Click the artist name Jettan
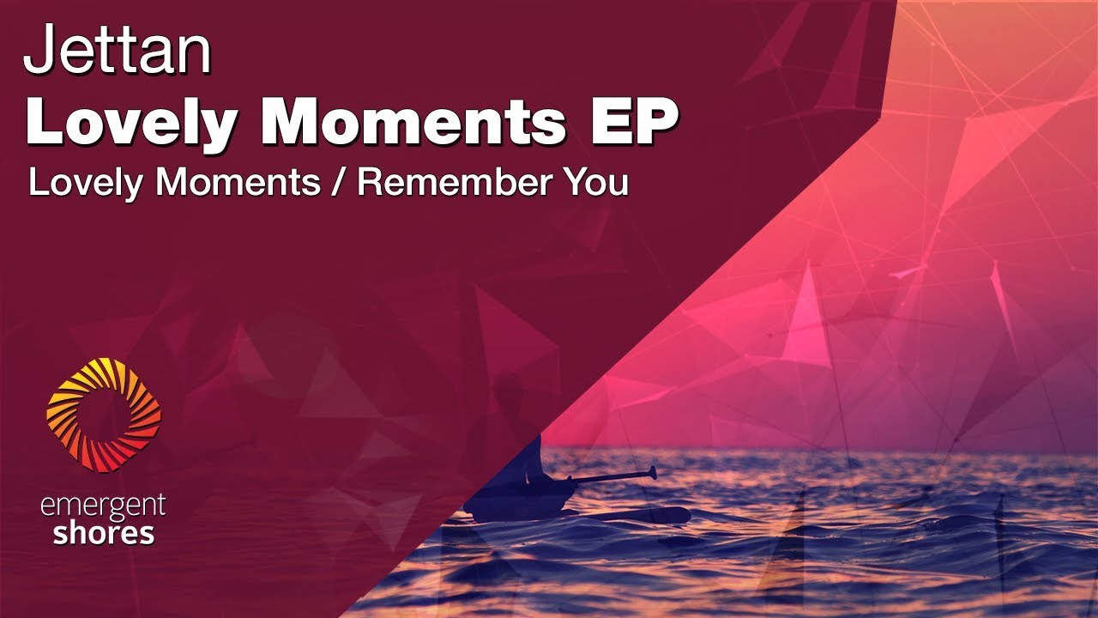(118, 51)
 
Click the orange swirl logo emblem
(104, 415)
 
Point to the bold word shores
(103, 534)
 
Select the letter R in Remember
(370, 183)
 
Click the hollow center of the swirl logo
(104, 415)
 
